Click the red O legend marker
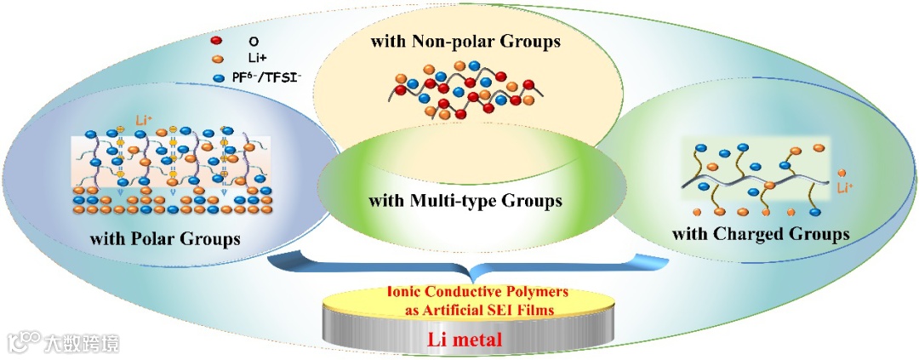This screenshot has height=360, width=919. tap(216, 40)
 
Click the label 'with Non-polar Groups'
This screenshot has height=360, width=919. tap(465, 40)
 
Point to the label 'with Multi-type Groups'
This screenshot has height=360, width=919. tap(465, 202)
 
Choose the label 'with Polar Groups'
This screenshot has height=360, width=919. tap(165, 239)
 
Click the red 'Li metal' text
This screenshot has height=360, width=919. tap(466, 340)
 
